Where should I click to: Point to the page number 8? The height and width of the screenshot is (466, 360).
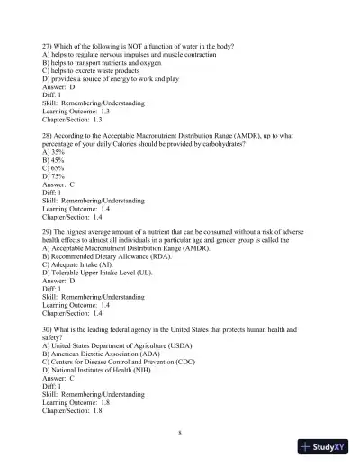180,433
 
